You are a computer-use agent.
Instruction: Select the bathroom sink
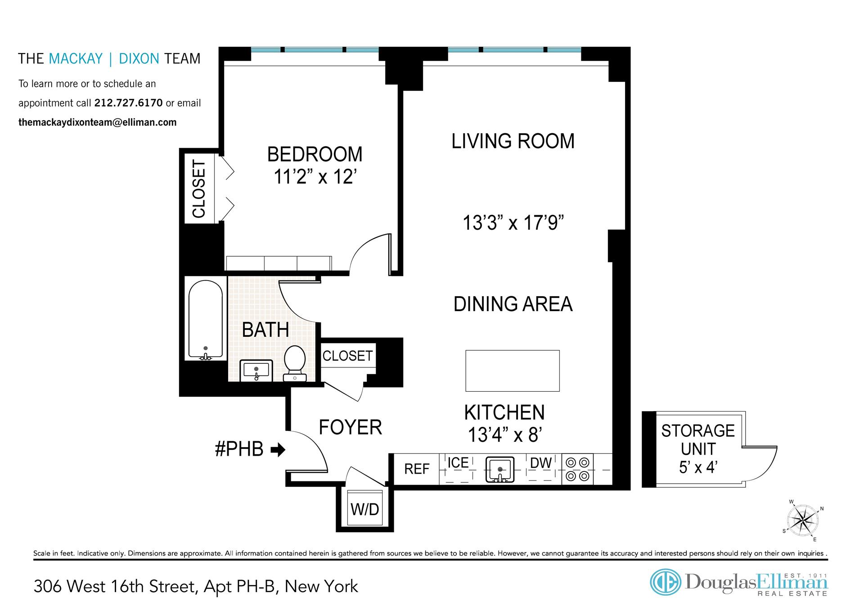[256, 371]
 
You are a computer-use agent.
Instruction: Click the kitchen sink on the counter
[499, 469]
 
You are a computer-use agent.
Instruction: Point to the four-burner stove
[578, 469]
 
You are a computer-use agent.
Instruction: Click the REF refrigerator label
[417, 469]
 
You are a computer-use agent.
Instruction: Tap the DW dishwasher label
[541, 463]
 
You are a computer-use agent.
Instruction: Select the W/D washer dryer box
[365, 508]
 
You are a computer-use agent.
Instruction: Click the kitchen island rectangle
[513, 371]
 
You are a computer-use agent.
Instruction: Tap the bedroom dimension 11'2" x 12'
[315, 177]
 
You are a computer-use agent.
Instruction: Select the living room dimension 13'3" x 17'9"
[513, 223]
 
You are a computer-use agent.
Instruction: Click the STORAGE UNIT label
[698, 440]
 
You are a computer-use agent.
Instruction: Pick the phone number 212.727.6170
[128, 103]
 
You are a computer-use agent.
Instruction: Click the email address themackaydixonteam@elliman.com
[97, 122]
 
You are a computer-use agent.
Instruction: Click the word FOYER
[351, 427]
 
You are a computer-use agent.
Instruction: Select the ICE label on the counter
[458, 462]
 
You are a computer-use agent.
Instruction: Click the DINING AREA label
[513, 304]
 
